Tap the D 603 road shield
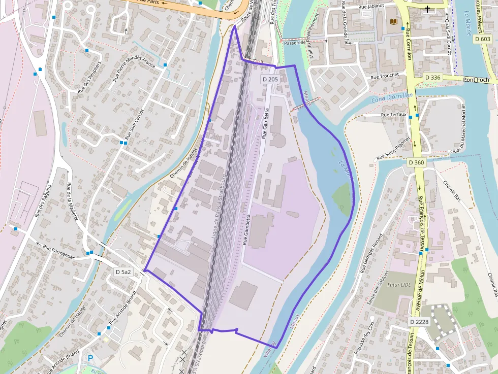pos(482,39)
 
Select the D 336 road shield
pos(432,77)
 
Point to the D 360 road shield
pos(416,162)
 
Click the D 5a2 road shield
pos(123,272)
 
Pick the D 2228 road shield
pos(420,322)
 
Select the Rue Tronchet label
pos(386,76)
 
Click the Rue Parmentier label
pos(58,251)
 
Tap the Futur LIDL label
pos(398,285)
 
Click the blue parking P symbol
pos(91,358)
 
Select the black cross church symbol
pos(427,9)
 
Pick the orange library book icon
pos(393,22)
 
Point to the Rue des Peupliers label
pos(89,77)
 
